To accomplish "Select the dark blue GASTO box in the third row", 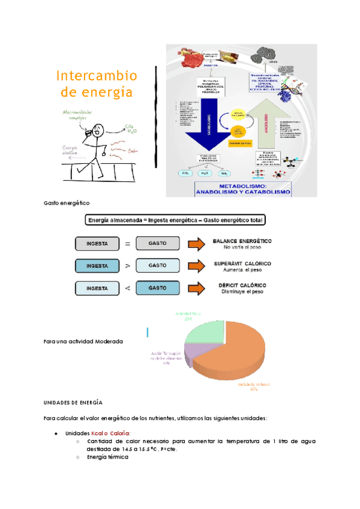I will click(157, 288).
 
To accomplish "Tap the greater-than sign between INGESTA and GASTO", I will click(127, 266).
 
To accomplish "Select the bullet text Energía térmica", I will click(108, 457).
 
